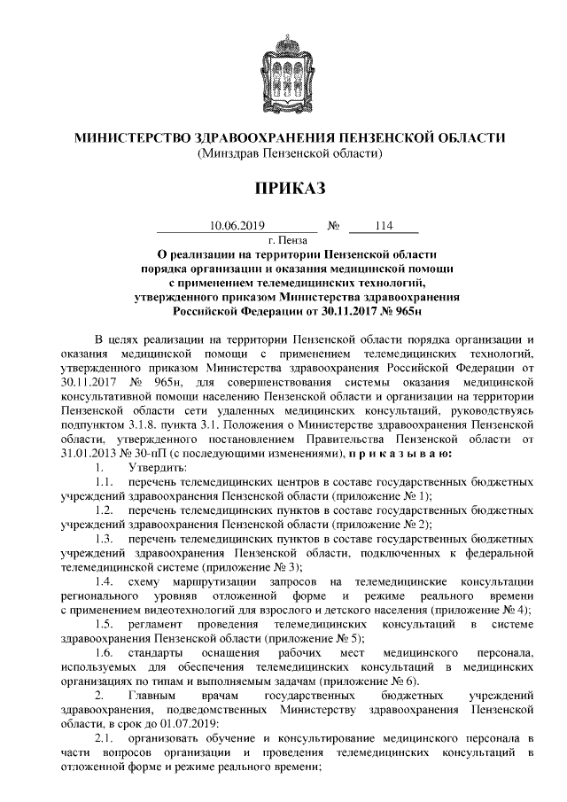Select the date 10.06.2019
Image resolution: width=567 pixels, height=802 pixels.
tap(237, 226)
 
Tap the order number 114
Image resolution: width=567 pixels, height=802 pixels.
tap(384, 226)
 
